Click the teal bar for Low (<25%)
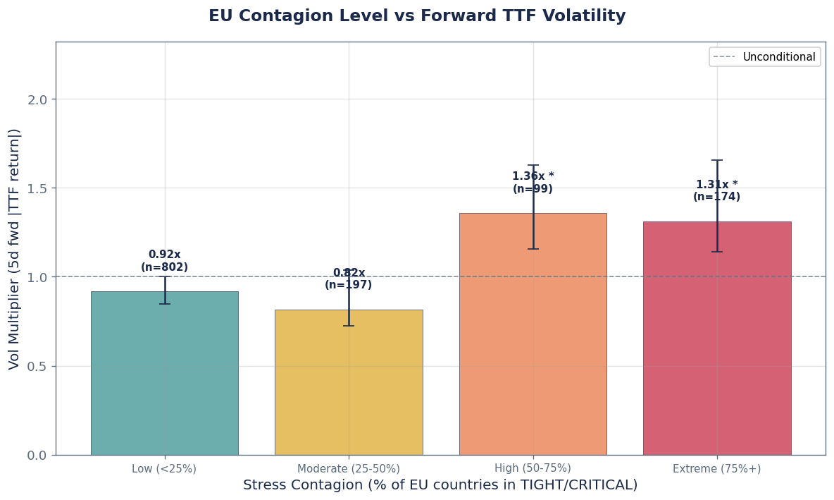[164, 374]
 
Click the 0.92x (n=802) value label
[164, 261]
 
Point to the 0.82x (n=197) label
[349, 279]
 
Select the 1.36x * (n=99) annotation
[533, 183]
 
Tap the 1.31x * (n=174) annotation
[716, 191]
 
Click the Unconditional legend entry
[764, 57]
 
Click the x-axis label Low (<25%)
[164, 468]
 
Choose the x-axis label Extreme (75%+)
[716, 468]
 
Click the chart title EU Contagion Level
[417, 16]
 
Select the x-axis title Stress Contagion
[440, 485]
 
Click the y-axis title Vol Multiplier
[15, 248]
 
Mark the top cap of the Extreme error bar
[716, 160]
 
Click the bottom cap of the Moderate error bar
[349, 326]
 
